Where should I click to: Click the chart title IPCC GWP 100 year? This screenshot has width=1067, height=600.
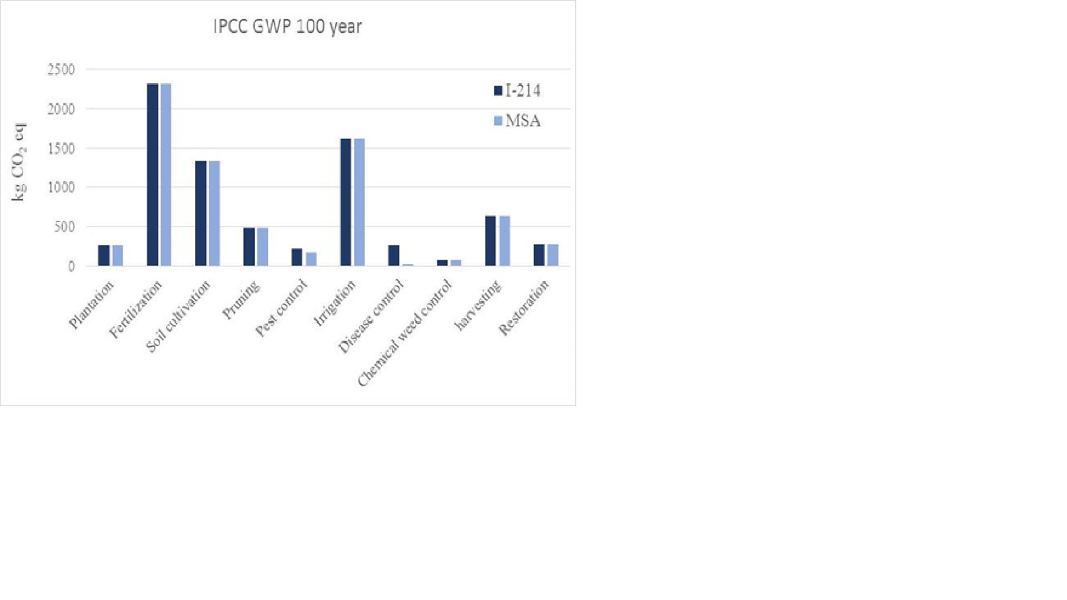click(287, 27)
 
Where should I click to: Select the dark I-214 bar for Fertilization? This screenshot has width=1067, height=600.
click(152, 174)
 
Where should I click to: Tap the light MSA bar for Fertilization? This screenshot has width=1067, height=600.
click(166, 174)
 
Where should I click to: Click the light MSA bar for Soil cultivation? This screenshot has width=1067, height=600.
click(215, 213)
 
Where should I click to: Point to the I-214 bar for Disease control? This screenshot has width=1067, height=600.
click(394, 256)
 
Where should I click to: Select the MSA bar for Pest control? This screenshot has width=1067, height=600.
click(311, 259)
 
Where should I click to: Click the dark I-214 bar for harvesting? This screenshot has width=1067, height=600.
click(491, 241)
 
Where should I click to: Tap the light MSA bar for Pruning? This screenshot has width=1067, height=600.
click(263, 247)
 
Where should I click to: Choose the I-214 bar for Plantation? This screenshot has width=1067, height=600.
click(104, 256)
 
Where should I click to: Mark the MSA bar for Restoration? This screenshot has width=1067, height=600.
click(553, 255)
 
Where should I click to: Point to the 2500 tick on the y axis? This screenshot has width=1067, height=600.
click(61, 69)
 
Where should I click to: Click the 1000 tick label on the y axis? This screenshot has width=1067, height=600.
click(61, 188)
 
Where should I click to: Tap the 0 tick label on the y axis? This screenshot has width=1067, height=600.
click(71, 267)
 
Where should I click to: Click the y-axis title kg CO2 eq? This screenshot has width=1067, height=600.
click(19, 162)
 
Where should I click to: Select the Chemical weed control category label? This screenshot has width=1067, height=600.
click(405, 333)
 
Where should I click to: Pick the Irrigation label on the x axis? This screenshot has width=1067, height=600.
click(335, 303)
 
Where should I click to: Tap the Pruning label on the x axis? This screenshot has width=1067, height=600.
click(241, 300)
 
